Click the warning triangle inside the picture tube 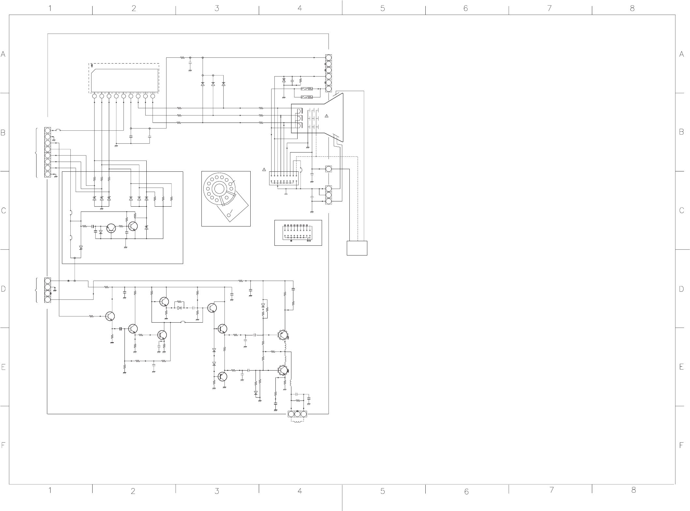point(327,116)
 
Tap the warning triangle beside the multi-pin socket point(264,169)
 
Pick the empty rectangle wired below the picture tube point(357,248)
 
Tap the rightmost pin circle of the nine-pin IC point(153,96)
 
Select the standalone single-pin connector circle point(329,169)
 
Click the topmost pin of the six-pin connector point(329,58)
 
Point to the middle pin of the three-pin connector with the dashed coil point(297,414)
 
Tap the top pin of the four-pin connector point(48,281)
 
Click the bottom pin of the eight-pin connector point(48,174)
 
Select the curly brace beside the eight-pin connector point(36,153)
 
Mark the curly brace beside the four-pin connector point(36,290)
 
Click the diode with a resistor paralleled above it point(179,308)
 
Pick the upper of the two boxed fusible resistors point(306,89)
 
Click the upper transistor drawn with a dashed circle point(283,335)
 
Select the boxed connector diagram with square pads point(298,233)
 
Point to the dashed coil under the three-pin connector point(297,422)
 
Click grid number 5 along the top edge point(383,8)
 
